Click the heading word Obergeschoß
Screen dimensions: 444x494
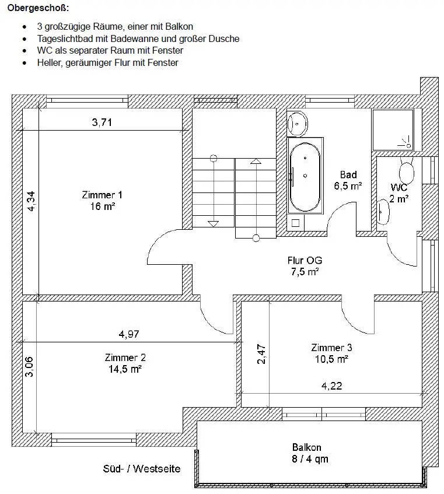click(x=38, y=9)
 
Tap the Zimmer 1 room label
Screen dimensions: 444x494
click(x=102, y=200)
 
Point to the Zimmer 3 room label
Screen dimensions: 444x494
click(x=331, y=353)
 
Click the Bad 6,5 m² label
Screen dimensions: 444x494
click(x=348, y=180)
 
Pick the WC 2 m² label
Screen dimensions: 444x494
click(x=399, y=192)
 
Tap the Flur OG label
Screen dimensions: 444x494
click(x=305, y=265)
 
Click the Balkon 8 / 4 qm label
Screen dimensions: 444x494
click(x=310, y=453)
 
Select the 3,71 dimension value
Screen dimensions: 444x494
click(x=102, y=122)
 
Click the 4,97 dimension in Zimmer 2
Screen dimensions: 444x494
click(x=129, y=334)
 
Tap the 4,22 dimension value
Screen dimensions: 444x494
click(x=333, y=386)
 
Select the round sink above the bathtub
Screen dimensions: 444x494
click(x=299, y=123)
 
